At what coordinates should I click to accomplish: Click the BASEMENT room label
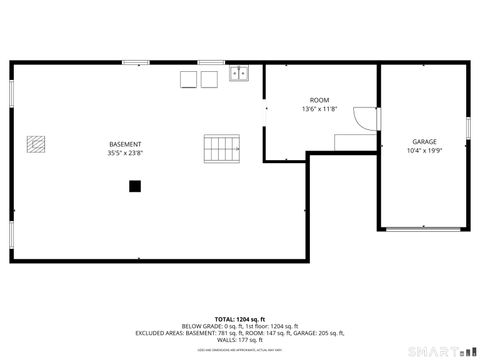click(125, 144)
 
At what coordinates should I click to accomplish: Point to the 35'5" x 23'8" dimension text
click(125, 153)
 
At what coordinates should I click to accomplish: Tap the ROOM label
click(319, 100)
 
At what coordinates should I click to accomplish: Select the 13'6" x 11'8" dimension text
click(319, 109)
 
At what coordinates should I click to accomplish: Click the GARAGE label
click(424, 142)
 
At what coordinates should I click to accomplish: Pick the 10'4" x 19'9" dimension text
click(424, 151)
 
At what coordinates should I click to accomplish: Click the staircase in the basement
click(222, 149)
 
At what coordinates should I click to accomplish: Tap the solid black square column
click(134, 185)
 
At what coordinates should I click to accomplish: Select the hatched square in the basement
click(37, 144)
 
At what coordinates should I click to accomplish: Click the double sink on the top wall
click(239, 73)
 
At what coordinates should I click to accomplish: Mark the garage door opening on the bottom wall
click(425, 229)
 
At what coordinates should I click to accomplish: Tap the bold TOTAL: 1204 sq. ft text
click(239, 319)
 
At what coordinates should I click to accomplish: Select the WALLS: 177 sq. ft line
click(239, 340)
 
